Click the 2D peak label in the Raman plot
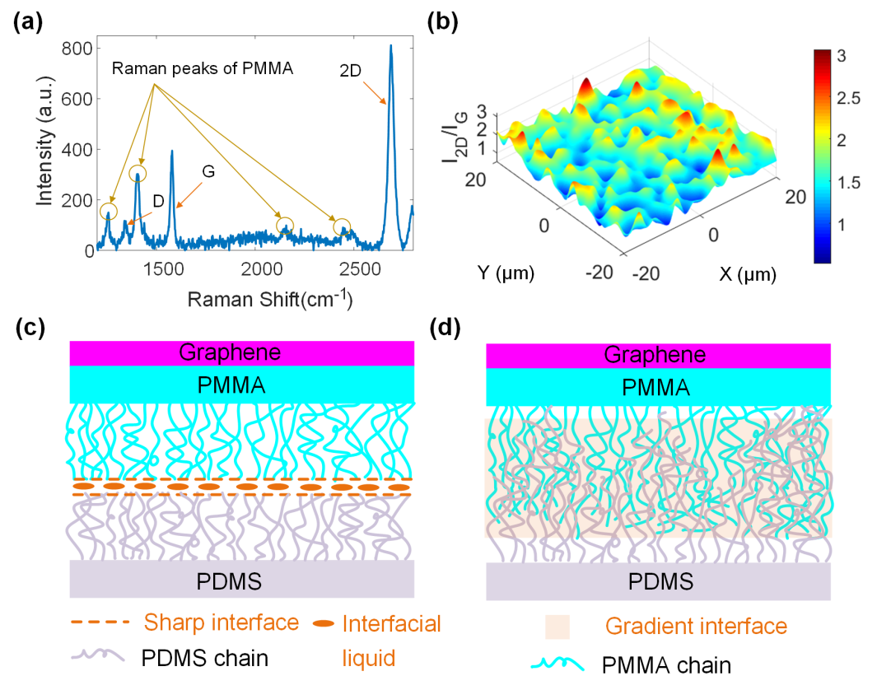point(355,72)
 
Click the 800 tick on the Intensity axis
point(76,49)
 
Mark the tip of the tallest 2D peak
point(391,46)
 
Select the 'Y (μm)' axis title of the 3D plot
point(506,272)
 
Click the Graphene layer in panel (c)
point(241,352)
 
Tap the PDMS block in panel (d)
point(657,582)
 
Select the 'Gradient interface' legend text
point(696,627)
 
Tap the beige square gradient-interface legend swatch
point(557,627)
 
